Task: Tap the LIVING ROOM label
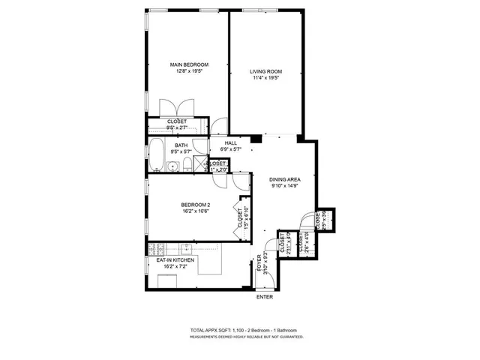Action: (x=265, y=71)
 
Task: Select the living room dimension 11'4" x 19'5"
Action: (x=265, y=78)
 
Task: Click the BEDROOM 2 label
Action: (x=194, y=205)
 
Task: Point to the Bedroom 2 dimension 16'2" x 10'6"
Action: (x=194, y=211)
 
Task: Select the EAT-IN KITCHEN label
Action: (x=176, y=259)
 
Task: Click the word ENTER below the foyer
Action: (x=265, y=297)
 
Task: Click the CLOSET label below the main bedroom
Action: (x=177, y=121)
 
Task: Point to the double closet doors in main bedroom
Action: (x=177, y=106)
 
